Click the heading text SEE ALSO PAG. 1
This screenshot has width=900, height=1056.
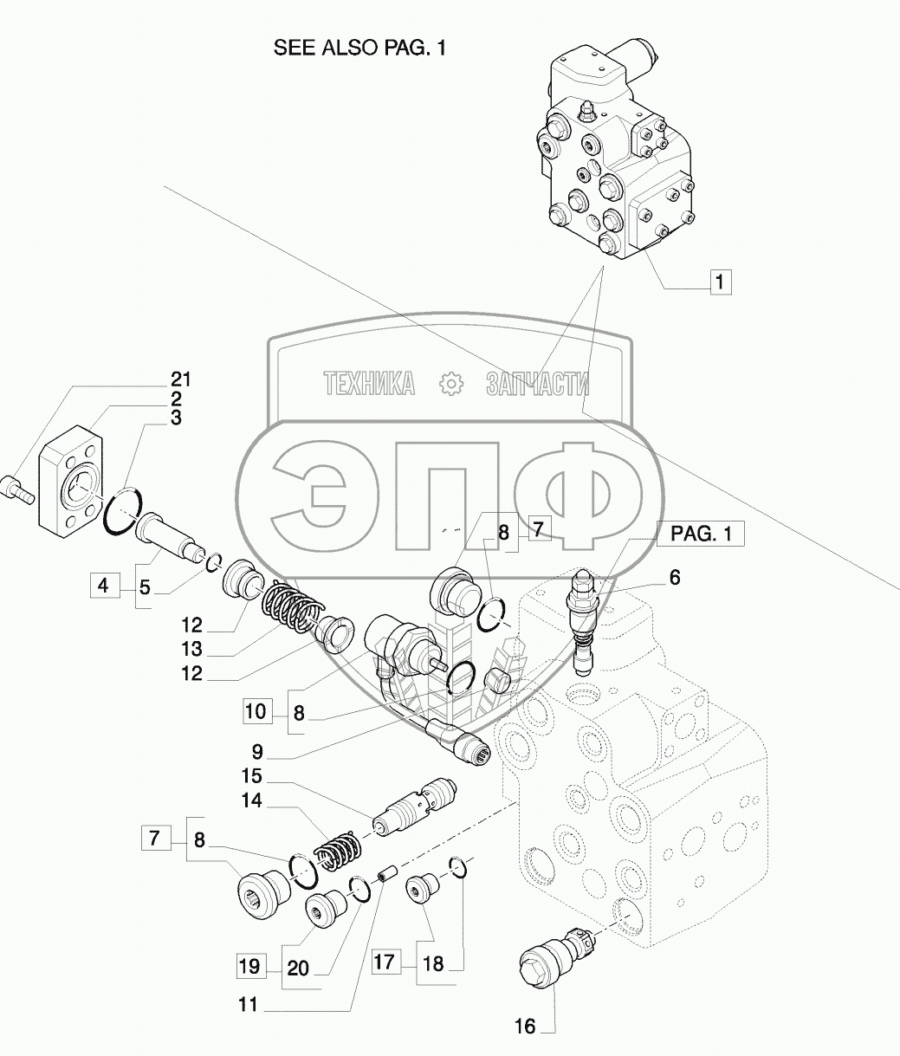(x=359, y=49)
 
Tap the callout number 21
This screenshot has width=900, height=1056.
(x=181, y=379)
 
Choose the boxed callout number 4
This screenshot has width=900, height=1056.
(x=103, y=586)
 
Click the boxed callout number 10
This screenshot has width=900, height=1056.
(x=256, y=713)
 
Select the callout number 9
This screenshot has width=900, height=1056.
(x=257, y=752)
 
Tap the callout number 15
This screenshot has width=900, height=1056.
(x=252, y=776)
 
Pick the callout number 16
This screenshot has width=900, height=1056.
(x=526, y=1027)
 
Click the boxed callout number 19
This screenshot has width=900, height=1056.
(x=249, y=966)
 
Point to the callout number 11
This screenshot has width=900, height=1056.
(x=249, y=1007)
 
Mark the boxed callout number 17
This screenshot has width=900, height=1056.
(x=385, y=962)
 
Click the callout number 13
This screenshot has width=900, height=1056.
(x=192, y=650)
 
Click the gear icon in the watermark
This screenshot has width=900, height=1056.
(x=450, y=383)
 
